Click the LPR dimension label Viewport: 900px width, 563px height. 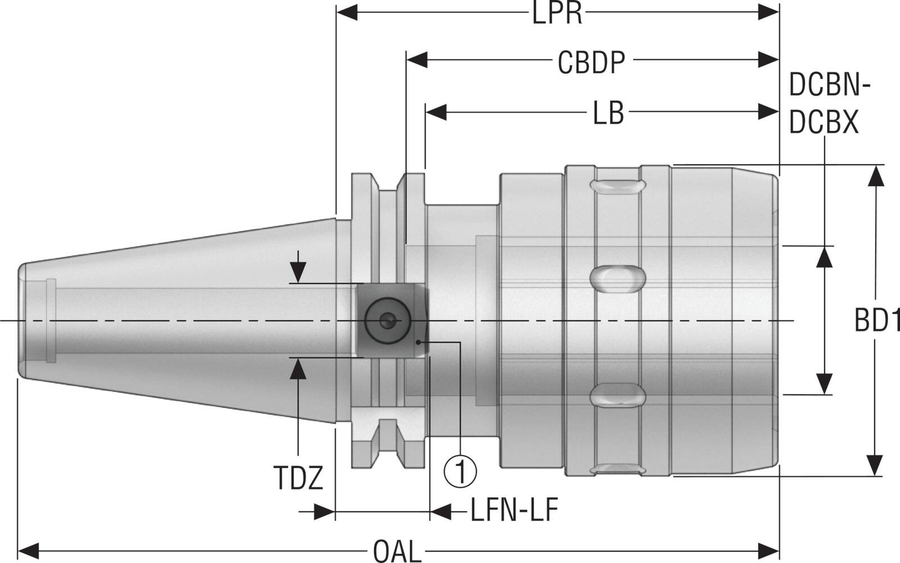point(557,13)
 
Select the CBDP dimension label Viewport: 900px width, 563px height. point(591,62)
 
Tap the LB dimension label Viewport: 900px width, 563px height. point(608,113)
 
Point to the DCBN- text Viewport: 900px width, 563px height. point(830,85)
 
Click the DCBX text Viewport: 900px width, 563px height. point(823,121)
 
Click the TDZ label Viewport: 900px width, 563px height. point(298,478)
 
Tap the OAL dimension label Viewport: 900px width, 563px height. point(397,551)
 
